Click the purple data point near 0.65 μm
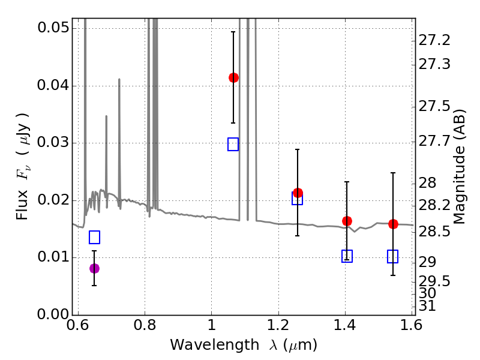pyautogui.click(x=94, y=268)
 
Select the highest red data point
pyautogui.click(x=233, y=77)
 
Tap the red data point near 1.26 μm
pyautogui.click(x=298, y=193)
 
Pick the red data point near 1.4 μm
pyautogui.click(x=347, y=221)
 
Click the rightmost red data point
pyautogui.click(x=393, y=224)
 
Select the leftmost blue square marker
pyautogui.click(x=94, y=237)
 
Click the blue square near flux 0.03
pyautogui.click(x=233, y=144)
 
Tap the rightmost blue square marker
pyautogui.click(x=393, y=257)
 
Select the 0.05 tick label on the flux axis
pyautogui.click(x=53, y=29)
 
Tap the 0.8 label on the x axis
pyautogui.click(x=145, y=327)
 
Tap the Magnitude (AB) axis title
pyautogui.click(x=460, y=167)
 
